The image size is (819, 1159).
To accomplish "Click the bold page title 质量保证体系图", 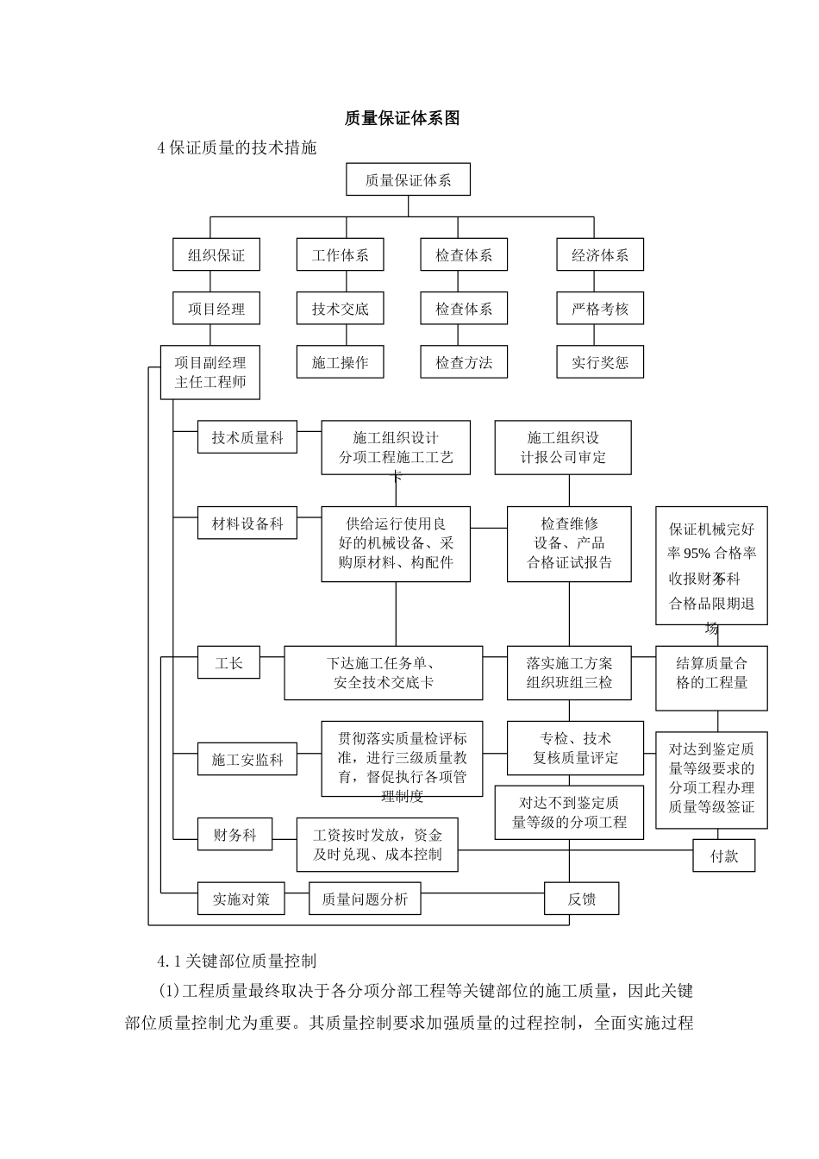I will (x=402, y=118).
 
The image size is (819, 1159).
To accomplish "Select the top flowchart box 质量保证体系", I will (x=408, y=180).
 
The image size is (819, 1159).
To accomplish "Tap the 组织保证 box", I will (x=216, y=255).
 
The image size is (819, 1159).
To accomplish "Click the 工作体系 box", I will (x=340, y=255).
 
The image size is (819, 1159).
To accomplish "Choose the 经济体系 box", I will (x=600, y=255).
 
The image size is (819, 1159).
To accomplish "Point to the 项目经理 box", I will (x=216, y=309).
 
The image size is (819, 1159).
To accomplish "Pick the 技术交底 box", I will (x=340, y=309).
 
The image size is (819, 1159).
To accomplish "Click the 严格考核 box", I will (x=600, y=309).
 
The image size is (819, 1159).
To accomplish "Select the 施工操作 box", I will (x=340, y=362).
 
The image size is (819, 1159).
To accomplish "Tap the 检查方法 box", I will (x=464, y=362).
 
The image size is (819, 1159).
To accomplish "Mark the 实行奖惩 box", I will (x=600, y=362).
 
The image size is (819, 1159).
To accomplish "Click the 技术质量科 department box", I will (x=247, y=437).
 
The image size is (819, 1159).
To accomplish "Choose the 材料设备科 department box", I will (x=247, y=523).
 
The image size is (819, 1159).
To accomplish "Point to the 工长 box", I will (x=228, y=662).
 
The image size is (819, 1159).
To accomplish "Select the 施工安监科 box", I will (x=247, y=760).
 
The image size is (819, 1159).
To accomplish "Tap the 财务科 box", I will (x=234, y=835).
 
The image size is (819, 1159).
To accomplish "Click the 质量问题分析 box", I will (x=365, y=899).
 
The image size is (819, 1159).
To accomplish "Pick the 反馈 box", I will (x=581, y=899).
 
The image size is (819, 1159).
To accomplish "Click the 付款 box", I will (x=724, y=856).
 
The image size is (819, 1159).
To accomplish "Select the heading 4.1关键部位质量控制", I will (x=236, y=961).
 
